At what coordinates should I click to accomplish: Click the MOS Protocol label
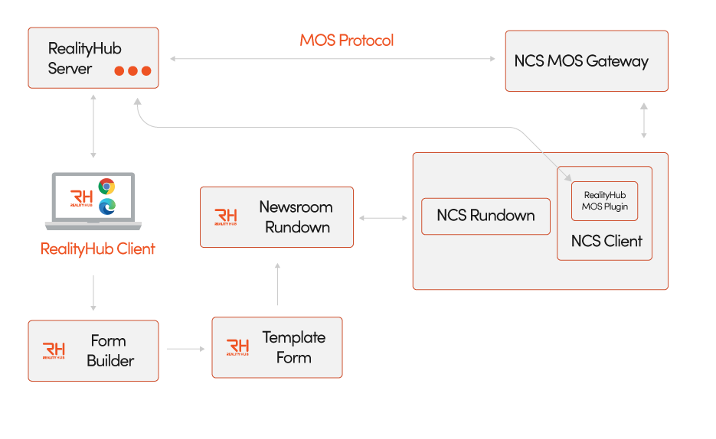[346, 41]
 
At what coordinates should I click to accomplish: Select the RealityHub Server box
[93, 57]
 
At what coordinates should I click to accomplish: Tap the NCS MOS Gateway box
[586, 61]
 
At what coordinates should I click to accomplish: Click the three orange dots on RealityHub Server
[132, 71]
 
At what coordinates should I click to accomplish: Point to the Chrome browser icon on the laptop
[106, 187]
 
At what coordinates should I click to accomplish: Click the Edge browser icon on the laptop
[106, 205]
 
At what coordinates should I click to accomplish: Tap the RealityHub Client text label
[97, 249]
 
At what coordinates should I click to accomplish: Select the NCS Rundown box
[486, 216]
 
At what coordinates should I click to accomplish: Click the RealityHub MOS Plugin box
[604, 201]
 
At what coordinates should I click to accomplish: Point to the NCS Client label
[606, 242]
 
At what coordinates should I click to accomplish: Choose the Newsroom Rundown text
[295, 216]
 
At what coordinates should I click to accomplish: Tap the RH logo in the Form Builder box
[54, 351]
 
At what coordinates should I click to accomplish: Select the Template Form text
[293, 347]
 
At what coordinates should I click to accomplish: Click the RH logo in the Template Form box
[237, 348]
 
